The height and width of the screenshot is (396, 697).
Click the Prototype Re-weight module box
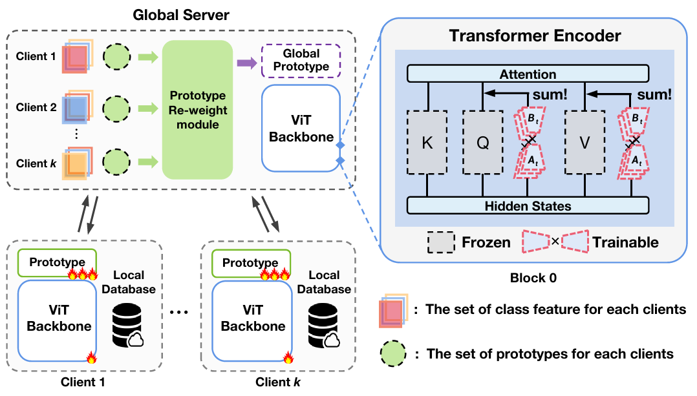click(197, 109)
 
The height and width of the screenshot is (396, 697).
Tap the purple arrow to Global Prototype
click(245, 63)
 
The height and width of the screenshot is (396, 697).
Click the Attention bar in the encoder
click(528, 74)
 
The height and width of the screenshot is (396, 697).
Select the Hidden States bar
click(528, 206)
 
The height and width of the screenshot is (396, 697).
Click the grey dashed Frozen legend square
click(441, 242)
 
